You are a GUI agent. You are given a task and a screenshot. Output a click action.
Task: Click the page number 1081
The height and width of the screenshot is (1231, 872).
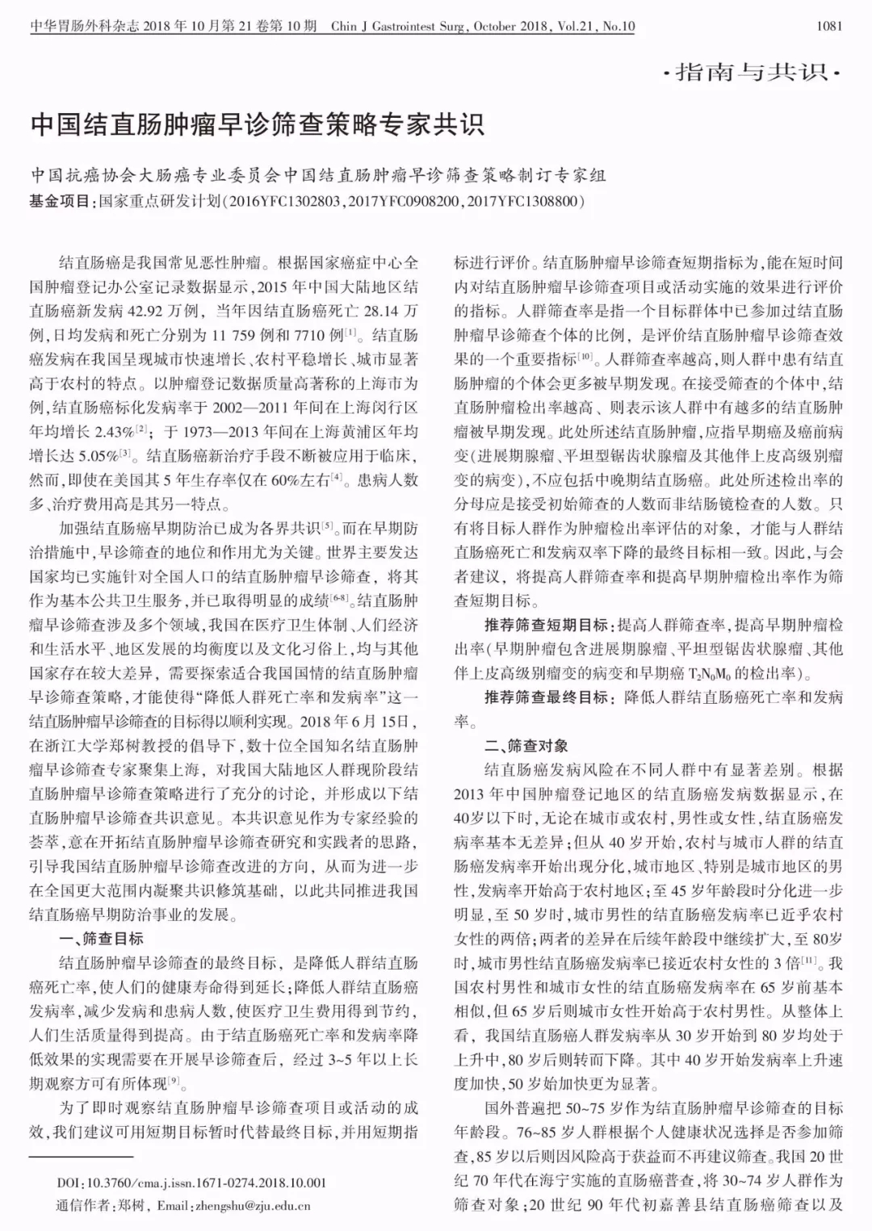[x=829, y=27]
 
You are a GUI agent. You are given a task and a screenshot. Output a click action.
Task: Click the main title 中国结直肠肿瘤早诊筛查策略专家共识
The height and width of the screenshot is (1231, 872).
[x=257, y=125]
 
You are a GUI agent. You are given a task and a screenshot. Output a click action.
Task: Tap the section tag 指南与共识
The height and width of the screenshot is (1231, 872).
[x=751, y=73]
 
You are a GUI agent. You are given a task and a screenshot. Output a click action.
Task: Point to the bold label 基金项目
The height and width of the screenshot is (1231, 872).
[x=61, y=201]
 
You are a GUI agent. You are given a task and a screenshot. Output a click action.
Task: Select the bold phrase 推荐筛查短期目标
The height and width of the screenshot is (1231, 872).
[x=547, y=625]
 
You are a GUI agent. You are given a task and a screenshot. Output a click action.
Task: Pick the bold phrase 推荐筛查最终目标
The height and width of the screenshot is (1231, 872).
[x=547, y=697]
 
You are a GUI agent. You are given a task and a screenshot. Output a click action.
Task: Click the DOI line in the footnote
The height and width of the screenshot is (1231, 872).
[x=191, y=1183]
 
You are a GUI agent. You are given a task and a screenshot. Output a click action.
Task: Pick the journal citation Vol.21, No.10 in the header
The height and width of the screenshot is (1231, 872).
[x=595, y=27]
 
